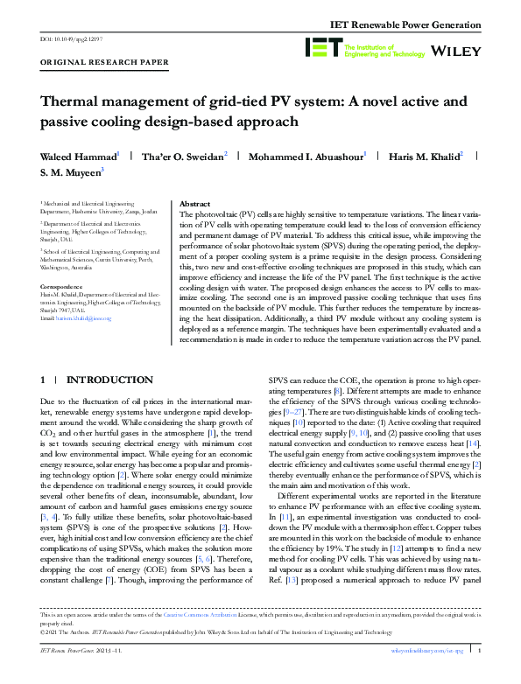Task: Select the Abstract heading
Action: [x=195, y=203]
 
